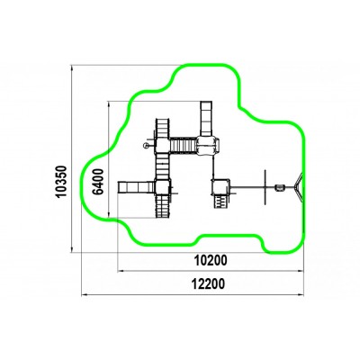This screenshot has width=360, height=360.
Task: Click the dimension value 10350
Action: pos(61,181)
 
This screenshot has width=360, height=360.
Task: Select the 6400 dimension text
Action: pos(98,182)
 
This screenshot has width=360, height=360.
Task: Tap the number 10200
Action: pos(211,260)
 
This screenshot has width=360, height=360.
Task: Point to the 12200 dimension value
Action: pos(208,283)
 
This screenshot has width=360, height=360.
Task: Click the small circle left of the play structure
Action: pos(146,146)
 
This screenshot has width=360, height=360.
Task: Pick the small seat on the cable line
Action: pos(280,188)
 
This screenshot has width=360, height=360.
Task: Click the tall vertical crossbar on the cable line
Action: pos(265,187)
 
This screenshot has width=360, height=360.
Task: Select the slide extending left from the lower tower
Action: pos(136,187)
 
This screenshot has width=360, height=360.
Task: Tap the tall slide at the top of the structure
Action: pos(206,119)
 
